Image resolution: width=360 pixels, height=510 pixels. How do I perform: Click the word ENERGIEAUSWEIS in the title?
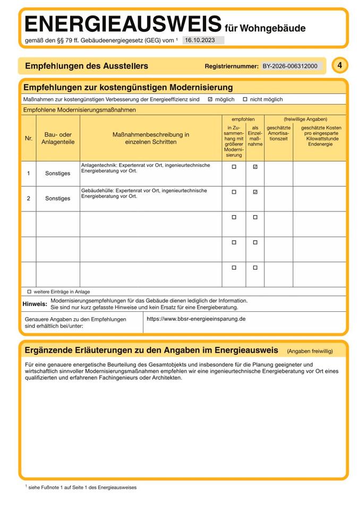[123, 24]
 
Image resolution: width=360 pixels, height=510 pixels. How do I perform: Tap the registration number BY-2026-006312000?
[290, 66]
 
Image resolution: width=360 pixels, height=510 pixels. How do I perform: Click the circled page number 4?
[340, 65]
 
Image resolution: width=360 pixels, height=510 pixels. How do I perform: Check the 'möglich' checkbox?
[210, 99]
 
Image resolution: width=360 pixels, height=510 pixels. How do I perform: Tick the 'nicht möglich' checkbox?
[245, 99]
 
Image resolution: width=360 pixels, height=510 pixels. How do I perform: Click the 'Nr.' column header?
[29, 139]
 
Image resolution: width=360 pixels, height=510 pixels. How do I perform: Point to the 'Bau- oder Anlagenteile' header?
[58, 138]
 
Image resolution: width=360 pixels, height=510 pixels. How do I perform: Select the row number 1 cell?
[29, 173]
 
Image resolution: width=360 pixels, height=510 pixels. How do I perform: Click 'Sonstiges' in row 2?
[58, 198]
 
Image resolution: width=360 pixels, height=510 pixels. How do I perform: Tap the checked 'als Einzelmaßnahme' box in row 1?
[255, 167]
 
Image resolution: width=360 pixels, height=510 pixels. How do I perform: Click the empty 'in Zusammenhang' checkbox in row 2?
[234, 192]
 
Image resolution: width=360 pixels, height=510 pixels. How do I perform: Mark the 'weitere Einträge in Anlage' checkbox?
[29, 292]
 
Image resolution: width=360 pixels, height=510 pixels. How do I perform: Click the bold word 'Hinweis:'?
[35, 304]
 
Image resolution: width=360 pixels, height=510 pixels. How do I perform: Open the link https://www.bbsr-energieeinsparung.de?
[196, 319]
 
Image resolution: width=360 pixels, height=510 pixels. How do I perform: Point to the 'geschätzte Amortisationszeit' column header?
[278, 133]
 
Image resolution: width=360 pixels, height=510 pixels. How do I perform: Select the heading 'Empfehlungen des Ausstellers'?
[87, 66]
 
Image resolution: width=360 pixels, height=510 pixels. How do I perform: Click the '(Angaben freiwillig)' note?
[310, 351]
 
